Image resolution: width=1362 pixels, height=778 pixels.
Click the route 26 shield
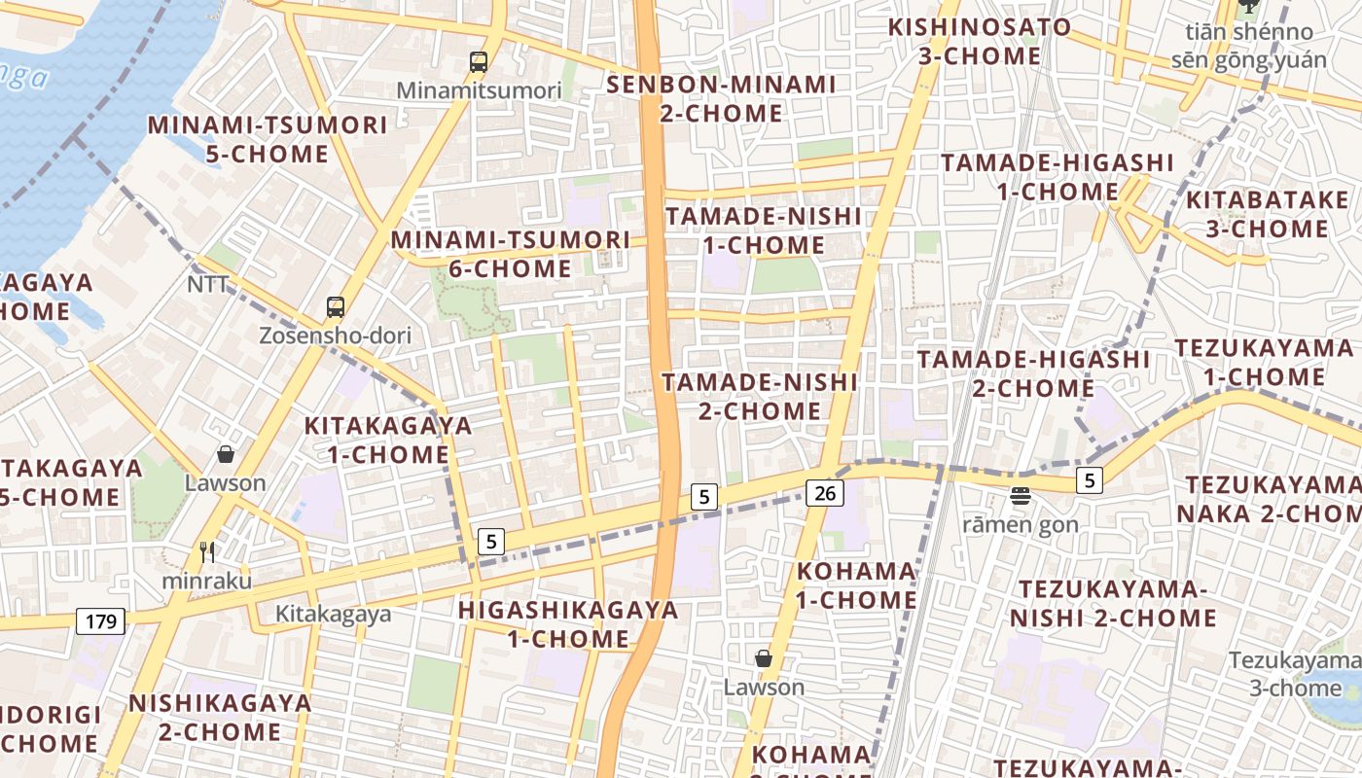tap(824, 493)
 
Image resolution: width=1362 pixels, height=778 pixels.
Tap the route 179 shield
tap(101, 621)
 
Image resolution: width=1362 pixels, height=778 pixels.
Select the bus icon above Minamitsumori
tap(479, 62)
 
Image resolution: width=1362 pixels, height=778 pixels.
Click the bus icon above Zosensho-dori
tap(336, 307)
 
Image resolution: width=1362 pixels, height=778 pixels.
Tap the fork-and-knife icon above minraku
tap(206, 552)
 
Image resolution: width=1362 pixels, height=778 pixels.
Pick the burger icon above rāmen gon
tap(1020, 496)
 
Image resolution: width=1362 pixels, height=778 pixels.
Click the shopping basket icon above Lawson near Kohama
tap(764, 658)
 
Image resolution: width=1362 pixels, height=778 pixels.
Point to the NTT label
tap(208, 285)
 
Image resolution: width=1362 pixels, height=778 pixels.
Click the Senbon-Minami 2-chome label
tap(721, 98)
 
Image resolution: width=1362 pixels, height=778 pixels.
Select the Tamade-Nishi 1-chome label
tap(763, 230)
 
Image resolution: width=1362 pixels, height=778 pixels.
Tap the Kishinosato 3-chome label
tap(980, 41)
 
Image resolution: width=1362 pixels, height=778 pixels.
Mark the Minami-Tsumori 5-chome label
tap(268, 139)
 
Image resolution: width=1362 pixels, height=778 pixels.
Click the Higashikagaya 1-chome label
tap(568, 624)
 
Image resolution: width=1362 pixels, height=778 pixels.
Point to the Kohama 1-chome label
tap(856, 585)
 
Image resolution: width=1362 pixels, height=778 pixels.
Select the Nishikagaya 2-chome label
tap(220, 717)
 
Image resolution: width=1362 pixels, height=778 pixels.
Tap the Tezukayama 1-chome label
tap(1265, 362)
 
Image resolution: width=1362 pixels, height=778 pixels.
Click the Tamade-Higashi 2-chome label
tap(1033, 373)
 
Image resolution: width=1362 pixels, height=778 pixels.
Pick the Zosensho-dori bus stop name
tap(335, 336)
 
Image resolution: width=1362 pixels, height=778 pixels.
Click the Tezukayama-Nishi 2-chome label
tap(1112, 603)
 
